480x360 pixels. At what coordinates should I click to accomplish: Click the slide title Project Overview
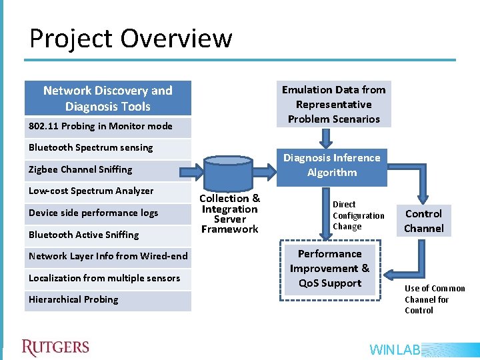pyautogui.click(x=131, y=39)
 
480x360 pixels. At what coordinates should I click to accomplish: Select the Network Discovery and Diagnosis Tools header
pyautogui.click(x=108, y=99)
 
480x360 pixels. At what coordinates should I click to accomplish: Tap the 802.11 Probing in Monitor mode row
pyautogui.click(x=108, y=127)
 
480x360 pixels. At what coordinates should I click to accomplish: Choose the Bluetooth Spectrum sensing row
pyautogui.click(x=108, y=148)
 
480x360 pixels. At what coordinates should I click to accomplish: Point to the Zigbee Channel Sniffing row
pyautogui.click(x=108, y=170)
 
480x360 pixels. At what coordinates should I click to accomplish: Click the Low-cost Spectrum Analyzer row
pyautogui.click(x=108, y=191)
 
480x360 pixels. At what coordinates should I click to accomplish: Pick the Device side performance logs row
pyautogui.click(x=108, y=213)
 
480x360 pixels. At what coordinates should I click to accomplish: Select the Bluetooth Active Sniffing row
pyautogui.click(x=108, y=235)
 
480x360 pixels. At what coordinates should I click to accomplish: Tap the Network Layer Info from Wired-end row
pyautogui.click(x=108, y=257)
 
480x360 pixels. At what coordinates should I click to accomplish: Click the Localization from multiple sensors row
pyautogui.click(x=108, y=278)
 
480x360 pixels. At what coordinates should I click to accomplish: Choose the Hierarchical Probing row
pyautogui.click(x=108, y=300)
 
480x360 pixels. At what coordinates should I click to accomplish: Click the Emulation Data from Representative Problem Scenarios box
pyautogui.click(x=333, y=104)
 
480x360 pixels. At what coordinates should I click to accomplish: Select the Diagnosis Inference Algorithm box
pyautogui.click(x=332, y=165)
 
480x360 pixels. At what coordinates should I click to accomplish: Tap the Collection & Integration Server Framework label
pyautogui.click(x=229, y=213)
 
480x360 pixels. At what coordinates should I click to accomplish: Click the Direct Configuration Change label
pyautogui.click(x=358, y=215)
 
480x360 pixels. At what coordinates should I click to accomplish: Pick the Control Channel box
pyautogui.click(x=423, y=221)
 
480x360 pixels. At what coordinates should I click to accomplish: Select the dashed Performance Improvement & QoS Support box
pyautogui.click(x=329, y=269)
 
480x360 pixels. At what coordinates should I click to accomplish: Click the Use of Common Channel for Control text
pyautogui.click(x=435, y=299)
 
